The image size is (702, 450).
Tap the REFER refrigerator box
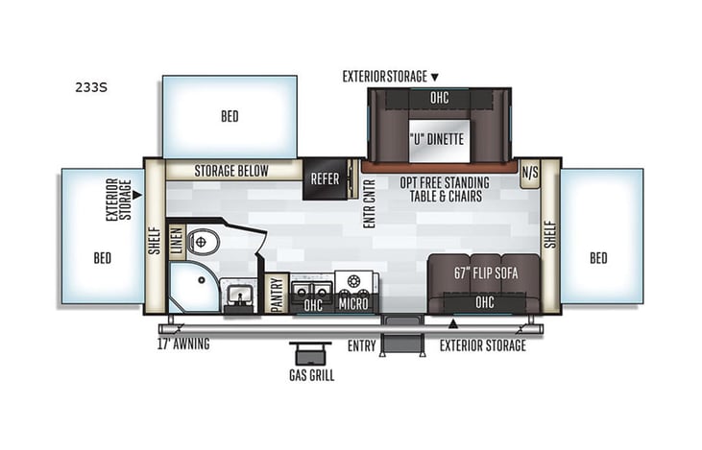coord(325,178)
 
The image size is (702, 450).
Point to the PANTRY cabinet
coord(277,295)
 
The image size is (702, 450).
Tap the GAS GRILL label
coord(312,375)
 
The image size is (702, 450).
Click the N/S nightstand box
coord(529,175)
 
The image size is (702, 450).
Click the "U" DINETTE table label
coord(438,139)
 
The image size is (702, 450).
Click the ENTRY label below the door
coord(362,344)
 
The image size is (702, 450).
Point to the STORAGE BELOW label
coord(231,172)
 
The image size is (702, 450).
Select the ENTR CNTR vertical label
coord(369,204)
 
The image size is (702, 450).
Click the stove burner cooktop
coord(352,284)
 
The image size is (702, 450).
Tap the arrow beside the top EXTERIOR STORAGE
coord(434,76)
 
